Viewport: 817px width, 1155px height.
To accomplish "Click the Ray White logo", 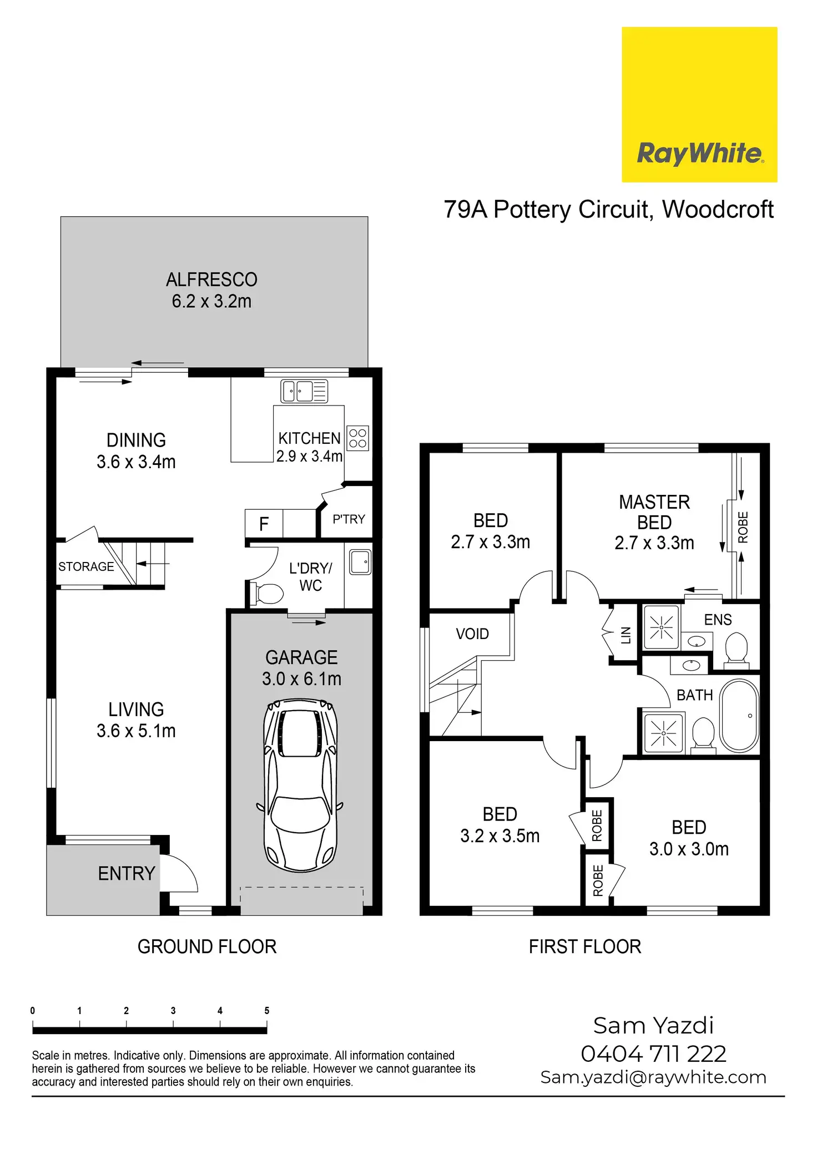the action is (699, 104).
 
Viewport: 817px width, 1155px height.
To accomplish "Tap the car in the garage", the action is (300, 785).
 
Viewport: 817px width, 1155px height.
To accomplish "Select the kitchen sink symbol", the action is (304, 391).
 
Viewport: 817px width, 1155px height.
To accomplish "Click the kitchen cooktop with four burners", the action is (358, 438).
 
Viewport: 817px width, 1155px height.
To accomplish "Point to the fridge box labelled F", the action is (264, 524).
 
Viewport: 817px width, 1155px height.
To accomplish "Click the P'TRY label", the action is (349, 519).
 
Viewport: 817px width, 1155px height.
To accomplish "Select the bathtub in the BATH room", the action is (739, 715).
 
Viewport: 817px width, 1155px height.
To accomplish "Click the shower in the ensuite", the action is (661, 627).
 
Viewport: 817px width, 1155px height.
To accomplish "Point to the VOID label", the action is (472, 634).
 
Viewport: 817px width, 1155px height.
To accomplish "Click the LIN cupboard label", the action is (626, 635).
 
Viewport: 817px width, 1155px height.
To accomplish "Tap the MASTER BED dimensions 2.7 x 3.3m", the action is (654, 543).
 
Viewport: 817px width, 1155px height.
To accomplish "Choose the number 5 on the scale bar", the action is (267, 1010).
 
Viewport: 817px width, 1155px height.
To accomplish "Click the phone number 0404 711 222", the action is (653, 1053).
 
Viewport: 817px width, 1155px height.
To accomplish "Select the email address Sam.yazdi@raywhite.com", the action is (653, 1077).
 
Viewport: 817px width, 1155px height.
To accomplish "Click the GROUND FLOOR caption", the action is (207, 946).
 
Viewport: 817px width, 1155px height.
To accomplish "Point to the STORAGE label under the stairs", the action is (86, 566).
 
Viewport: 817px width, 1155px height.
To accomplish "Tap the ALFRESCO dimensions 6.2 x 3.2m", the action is (211, 301).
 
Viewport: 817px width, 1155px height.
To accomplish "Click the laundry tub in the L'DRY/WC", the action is (360, 562).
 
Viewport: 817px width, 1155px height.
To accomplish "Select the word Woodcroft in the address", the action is (718, 209).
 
